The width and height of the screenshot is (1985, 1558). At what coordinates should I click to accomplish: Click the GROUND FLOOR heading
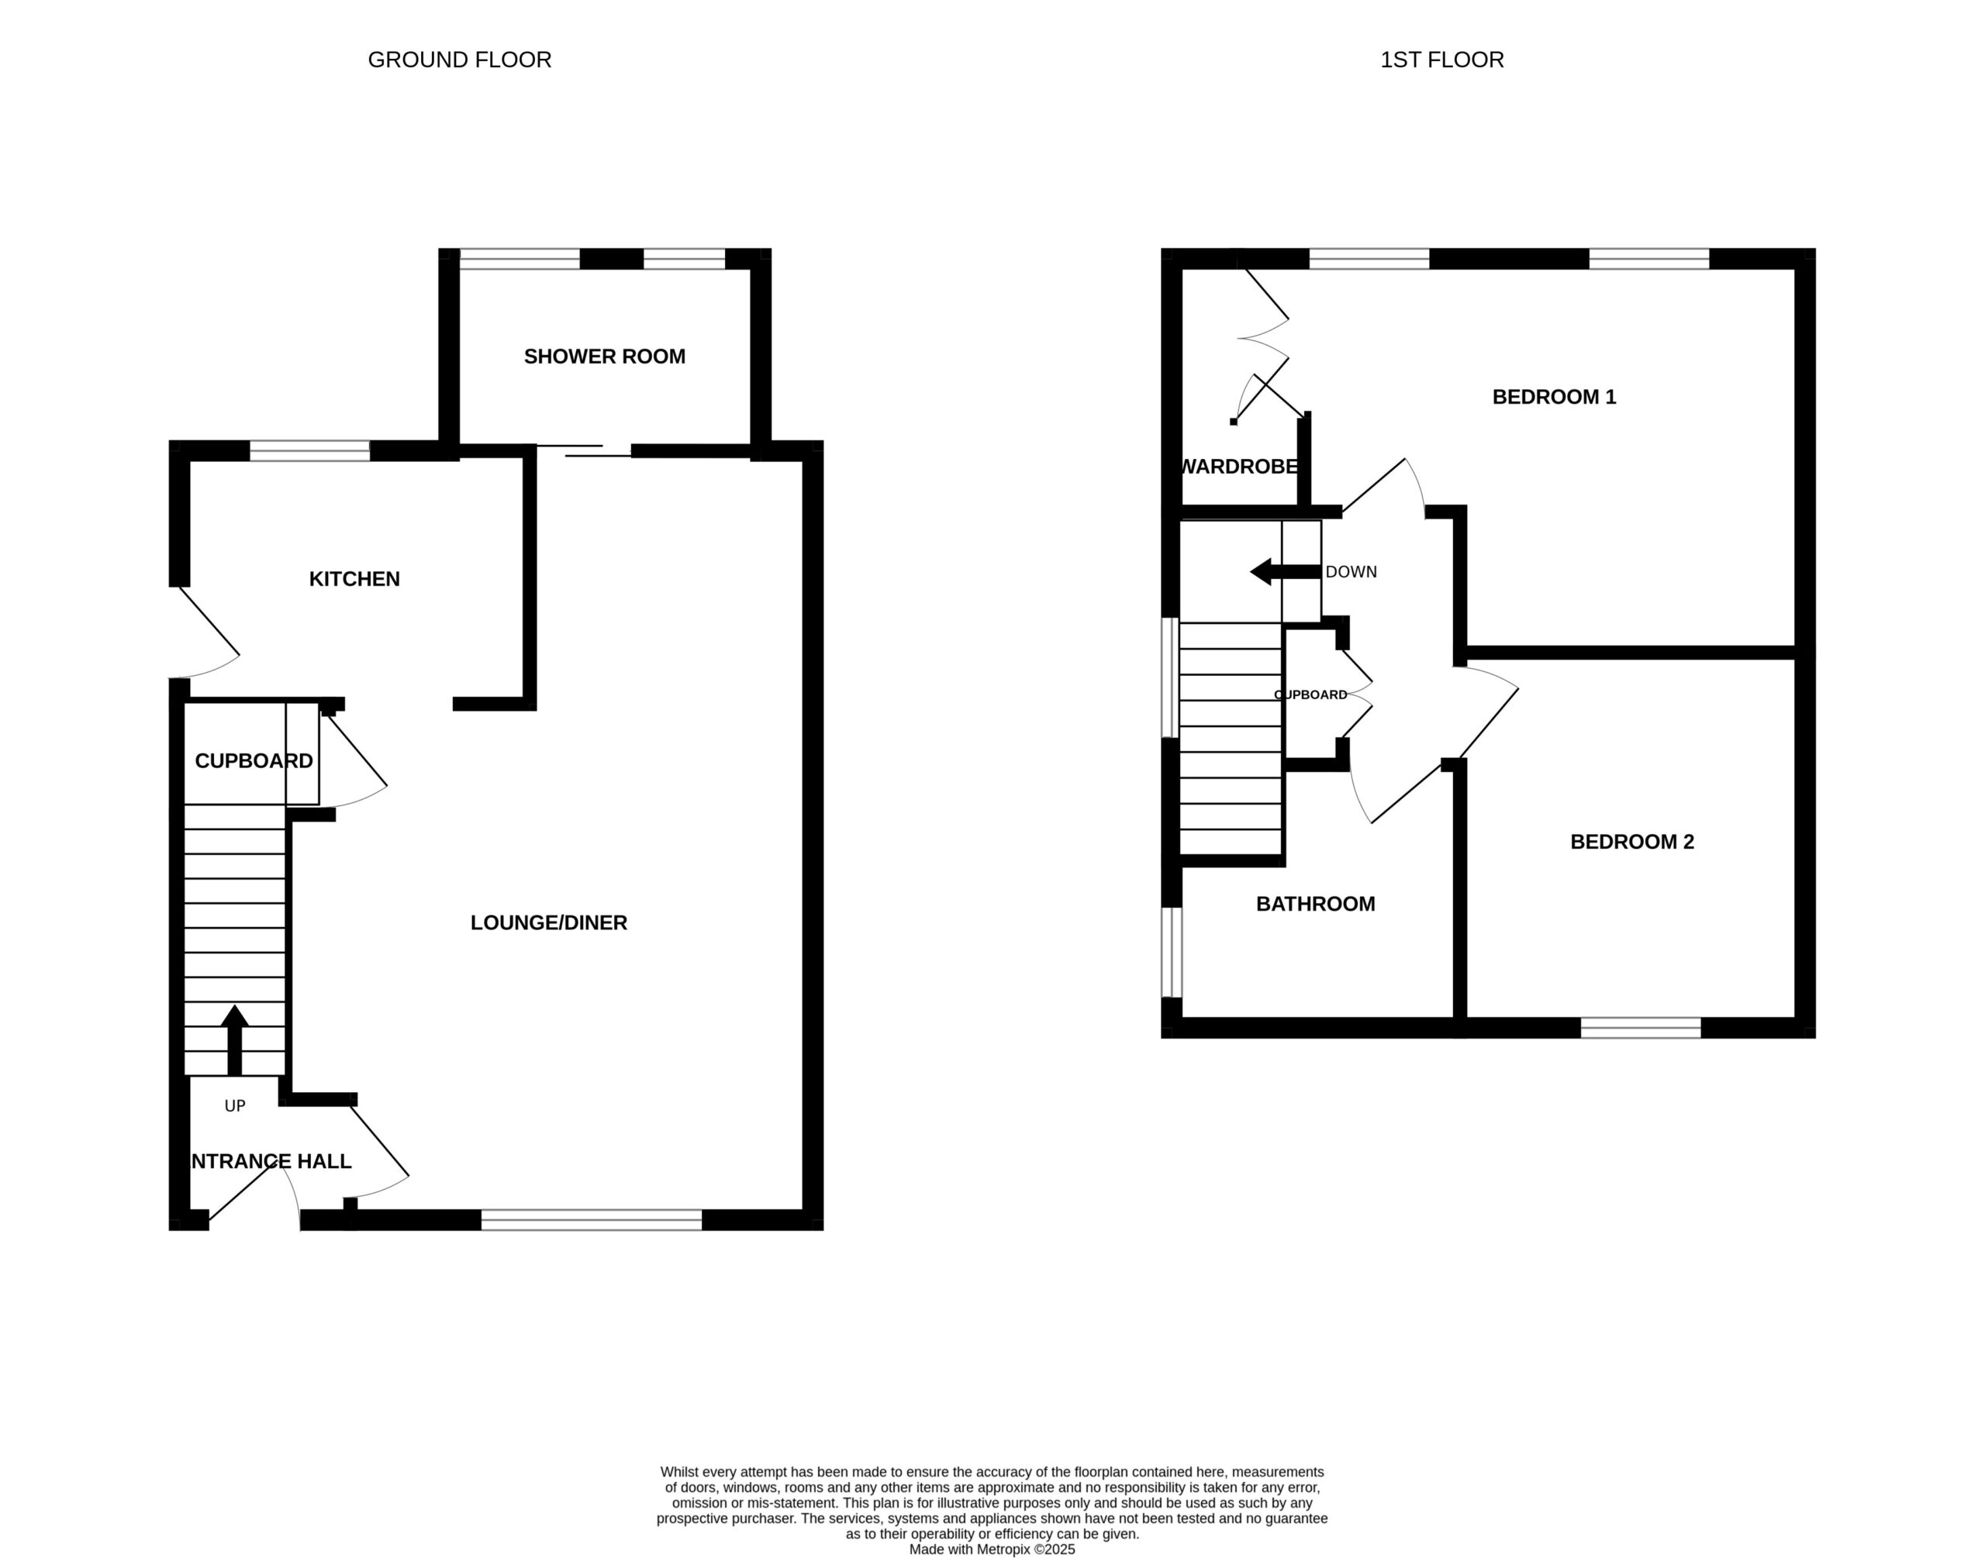[x=459, y=60]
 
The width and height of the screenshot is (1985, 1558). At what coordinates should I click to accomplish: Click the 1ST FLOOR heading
[x=1441, y=60]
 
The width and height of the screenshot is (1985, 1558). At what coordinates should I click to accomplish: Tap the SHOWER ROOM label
[x=604, y=357]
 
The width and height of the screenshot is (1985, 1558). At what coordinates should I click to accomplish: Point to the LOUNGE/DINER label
[x=548, y=923]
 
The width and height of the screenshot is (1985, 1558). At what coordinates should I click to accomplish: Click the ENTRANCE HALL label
[x=269, y=1161]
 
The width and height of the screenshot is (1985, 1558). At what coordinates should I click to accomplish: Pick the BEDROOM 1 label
[x=1554, y=397]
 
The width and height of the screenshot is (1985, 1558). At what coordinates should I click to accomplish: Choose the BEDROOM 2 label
[x=1632, y=842]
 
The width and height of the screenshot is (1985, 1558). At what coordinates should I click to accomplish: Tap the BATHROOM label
[x=1315, y=904]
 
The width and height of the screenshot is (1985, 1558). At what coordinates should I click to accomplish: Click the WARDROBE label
[x=1239, y=467]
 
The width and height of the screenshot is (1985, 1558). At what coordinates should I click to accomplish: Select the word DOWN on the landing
[x=1351, y=572]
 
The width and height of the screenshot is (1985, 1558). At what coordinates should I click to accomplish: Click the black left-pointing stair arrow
[x=1286, y=572]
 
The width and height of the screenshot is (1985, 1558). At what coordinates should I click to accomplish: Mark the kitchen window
[x=310, y=450]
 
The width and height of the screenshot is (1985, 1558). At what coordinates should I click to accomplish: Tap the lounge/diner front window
[x=592, y=1221]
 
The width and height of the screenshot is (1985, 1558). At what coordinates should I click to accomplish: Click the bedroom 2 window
[x=1641, y=1028]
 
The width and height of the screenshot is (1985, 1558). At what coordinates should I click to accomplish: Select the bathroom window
[x=1172, y=953]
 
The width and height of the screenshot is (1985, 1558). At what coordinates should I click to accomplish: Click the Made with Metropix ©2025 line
[x=992, y=1549]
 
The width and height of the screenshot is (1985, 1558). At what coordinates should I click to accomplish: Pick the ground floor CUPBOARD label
[x=254, y=760]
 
